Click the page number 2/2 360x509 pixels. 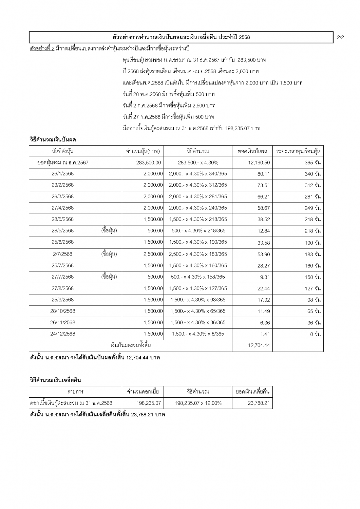coord(341,37)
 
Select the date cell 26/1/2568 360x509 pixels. coord(62,174)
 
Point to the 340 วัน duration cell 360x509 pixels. coord(312,174)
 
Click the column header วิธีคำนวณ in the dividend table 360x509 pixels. coord(197,151)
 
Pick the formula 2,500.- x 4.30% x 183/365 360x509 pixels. coord(198,254)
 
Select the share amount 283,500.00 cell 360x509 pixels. coord(149,163)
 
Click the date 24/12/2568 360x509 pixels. coord(62,334)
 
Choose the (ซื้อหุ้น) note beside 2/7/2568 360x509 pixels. coord(109,254)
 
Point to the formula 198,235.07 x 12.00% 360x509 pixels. coord(198,403)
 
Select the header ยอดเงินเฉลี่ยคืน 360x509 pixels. coord(252,392)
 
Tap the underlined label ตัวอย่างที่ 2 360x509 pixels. coord(42,49)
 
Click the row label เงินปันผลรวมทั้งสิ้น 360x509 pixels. coord(131,345)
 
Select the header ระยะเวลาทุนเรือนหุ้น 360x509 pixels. coord(298,151)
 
